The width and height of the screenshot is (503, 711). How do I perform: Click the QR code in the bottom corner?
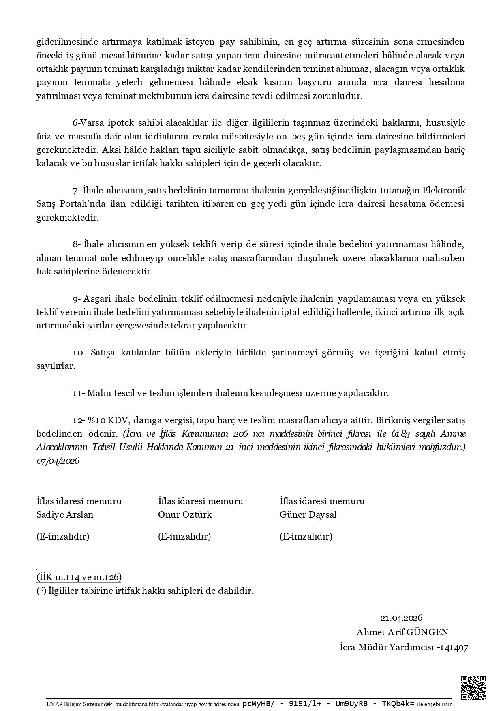pos(473,687)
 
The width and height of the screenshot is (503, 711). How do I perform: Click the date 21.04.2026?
pos(401,618)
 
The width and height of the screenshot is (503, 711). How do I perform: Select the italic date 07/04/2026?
pos(58,461)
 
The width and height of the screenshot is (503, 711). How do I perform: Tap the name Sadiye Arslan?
pos(65,515)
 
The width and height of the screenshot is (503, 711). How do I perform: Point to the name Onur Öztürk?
pos(185,515)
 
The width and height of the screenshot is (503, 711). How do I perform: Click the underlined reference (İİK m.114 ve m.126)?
pos(79,577)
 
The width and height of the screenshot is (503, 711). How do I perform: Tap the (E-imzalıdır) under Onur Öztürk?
pos(184,537)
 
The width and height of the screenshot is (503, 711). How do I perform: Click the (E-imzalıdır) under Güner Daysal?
pos(306,537)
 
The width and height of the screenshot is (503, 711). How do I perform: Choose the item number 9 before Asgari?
pos(75,299)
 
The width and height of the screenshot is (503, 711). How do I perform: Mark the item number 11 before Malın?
pos(77,394)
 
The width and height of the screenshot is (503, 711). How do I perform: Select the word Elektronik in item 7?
pos(444,191)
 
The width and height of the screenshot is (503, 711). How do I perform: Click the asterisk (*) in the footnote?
pos(41,591)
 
